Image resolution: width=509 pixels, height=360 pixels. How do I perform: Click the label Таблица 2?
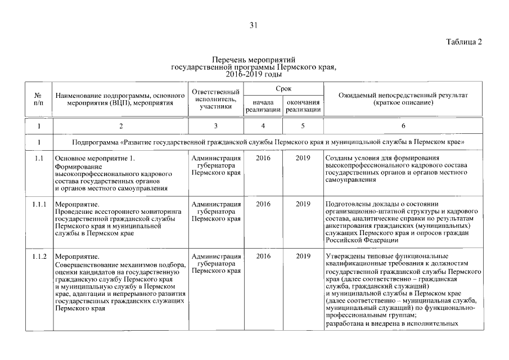(464, 42)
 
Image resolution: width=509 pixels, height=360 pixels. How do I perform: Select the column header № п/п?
(38, 99)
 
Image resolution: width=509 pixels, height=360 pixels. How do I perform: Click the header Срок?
(283, 89)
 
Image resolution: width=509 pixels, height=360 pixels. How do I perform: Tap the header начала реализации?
(263, 106)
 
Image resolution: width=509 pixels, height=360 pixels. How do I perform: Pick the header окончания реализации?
(303, 106)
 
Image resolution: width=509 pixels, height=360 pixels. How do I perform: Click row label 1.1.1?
(39, 204)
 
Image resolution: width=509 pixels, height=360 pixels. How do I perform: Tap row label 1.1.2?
(39, 256)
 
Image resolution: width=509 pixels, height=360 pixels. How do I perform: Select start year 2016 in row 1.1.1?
(263, 204)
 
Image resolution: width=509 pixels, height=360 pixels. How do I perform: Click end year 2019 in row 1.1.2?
(303, 256)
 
